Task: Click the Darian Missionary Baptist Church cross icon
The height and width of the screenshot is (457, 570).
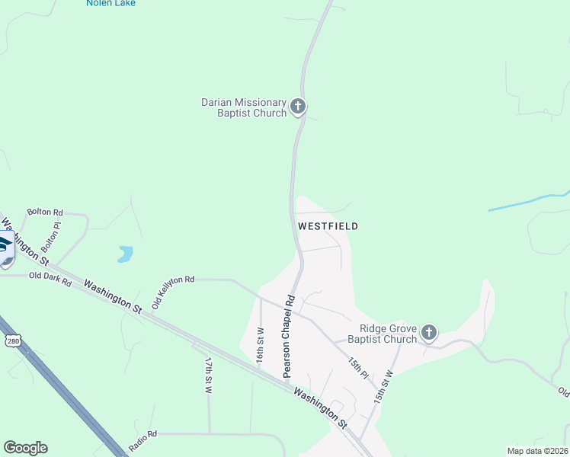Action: coord(298,106)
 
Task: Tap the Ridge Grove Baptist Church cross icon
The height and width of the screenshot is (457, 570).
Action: coord(429,332)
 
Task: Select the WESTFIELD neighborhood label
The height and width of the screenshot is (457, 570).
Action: coord(328,226)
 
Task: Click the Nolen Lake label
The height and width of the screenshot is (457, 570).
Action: coord(110,3)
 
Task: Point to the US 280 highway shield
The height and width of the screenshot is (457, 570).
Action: coord(11,340)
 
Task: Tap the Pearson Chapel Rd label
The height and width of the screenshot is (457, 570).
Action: coord(288,336)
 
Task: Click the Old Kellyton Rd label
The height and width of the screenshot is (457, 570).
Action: coord(173,291)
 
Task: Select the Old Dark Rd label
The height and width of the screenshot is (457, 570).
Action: coord(50,279)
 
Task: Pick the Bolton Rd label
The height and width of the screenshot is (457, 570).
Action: coord(45,213)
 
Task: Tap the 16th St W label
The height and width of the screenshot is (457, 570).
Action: coord(260,345)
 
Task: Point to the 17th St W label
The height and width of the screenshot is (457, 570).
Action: coord(207,375)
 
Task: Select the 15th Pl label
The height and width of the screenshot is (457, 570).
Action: coord(358,369)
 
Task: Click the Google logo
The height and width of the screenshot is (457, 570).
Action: coord(25,448)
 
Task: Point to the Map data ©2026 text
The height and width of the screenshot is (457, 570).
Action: coord(537,450)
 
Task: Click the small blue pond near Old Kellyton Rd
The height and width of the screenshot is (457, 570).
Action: coord(125,254)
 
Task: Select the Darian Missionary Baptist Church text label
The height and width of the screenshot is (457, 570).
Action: coord(243,107)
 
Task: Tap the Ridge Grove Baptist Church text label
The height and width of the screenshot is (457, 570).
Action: coord(383,334)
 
